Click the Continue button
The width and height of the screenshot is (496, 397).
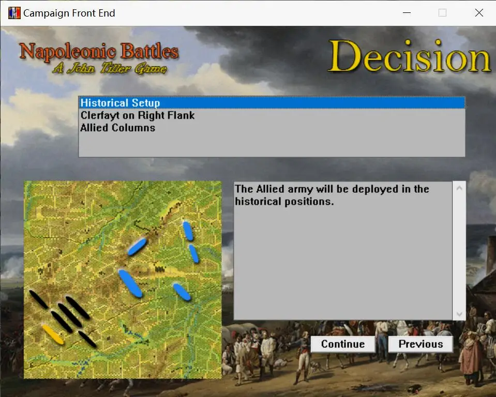click(x=343, y=344)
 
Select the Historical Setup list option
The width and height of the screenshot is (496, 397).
click(x=120, y=103)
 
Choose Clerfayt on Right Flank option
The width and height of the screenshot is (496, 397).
click(x=138, y=115)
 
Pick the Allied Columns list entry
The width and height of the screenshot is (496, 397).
click(x=118, y=128)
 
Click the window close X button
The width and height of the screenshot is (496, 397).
click(x=479, y=12)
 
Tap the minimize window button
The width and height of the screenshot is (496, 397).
click(x=407, y=12)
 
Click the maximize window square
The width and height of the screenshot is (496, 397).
click(x=443, y=12)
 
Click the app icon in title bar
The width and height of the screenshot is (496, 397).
click(x=14, y=13)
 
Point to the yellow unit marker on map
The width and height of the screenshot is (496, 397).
click(x=53, y=334)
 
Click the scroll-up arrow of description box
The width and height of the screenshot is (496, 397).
click(x=459, y=188)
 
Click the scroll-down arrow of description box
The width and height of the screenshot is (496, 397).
click(x=459, y=314)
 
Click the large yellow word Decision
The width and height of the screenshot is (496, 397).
click(x=410, y=57)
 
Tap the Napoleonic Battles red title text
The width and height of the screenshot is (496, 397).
click(x=99, y=51)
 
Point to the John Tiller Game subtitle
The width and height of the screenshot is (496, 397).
click(x=110, y=68)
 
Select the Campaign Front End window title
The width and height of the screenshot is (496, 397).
click(x=69, y=13)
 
